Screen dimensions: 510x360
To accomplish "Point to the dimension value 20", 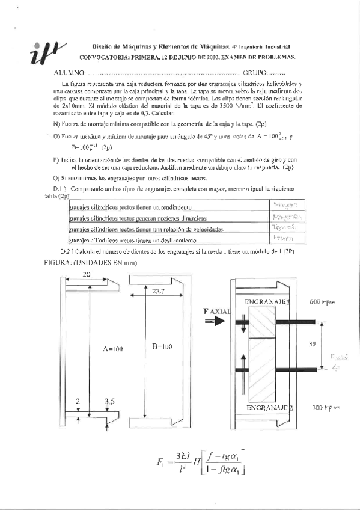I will coord(87,274).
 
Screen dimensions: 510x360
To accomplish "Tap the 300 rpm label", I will coord(326,407).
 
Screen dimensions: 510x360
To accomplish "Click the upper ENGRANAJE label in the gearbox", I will coord(266,301).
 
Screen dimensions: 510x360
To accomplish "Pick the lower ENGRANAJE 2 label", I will coord(265,407).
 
